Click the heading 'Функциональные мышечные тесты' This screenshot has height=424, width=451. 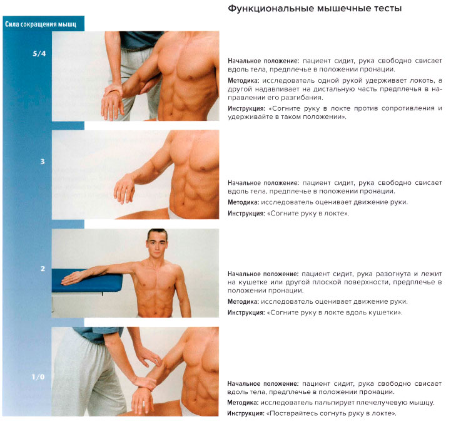(x=315, y=9)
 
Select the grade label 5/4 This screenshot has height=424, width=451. (x=39, y=54)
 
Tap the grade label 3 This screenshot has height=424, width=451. (x=42, y=162)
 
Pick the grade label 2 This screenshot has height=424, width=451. (x=42, y=269)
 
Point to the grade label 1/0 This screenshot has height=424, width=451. (x=39, y=376)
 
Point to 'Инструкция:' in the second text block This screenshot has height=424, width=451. (x=246, y=214)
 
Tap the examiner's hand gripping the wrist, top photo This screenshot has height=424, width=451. (x=116, y=95)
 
